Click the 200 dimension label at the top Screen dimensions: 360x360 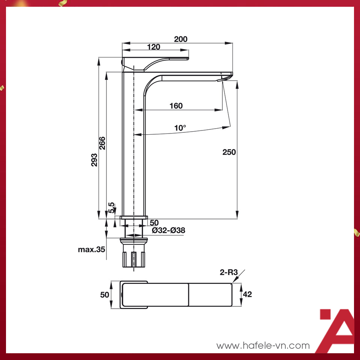pyautogui.click(x=180, y=39)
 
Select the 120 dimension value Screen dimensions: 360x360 pyautogui.click(x=153, y=47)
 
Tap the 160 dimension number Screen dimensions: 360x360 pyautogui.click(x=176, y=106)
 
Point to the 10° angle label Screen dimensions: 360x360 pyautogui.click(x=180, y=128)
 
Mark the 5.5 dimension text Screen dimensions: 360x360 pyautogui.click(x=111, y=207)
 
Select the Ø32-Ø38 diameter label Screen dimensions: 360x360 pyautogui.click(x=168, y=230)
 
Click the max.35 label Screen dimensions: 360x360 pyautogui.click(x=91, y=249)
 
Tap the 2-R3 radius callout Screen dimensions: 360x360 pyautogui.click(x=229, y=273)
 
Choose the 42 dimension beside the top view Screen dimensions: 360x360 pyautogui.click(x=247, y=294)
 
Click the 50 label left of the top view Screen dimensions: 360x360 pyautogui.click(x=105, y=295)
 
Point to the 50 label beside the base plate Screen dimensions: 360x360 pyautogui.click(x=154, y=223)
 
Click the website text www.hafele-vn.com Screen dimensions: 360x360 pyautogui.click(x=263, y=345)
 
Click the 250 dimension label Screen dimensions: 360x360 pyautogui.click(x=229, y=152)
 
